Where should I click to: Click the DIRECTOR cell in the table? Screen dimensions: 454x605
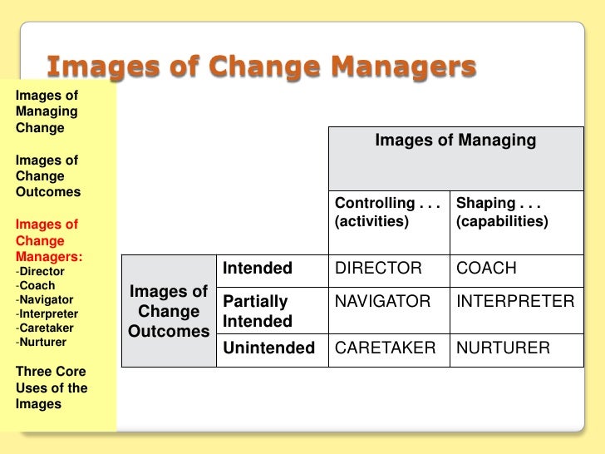378,269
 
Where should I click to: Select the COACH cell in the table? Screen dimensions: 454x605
486,269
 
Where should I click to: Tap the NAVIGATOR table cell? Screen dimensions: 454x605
382,301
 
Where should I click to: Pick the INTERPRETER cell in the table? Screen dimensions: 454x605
515,301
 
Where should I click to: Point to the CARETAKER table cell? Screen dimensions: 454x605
385,348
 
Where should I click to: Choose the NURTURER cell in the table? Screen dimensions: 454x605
503,348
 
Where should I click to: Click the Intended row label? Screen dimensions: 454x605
258,269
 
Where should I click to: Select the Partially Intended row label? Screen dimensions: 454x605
257,311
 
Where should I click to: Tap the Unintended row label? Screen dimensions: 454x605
268,348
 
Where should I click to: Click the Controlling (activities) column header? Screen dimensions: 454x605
387,212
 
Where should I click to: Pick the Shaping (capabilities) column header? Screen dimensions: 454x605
502,212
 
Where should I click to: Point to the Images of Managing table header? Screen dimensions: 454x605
455,141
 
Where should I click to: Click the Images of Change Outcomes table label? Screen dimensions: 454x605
169,311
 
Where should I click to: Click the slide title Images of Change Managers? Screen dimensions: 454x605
261,66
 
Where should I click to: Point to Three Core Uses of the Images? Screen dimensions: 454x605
51,387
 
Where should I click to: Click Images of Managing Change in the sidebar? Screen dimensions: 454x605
47,111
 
